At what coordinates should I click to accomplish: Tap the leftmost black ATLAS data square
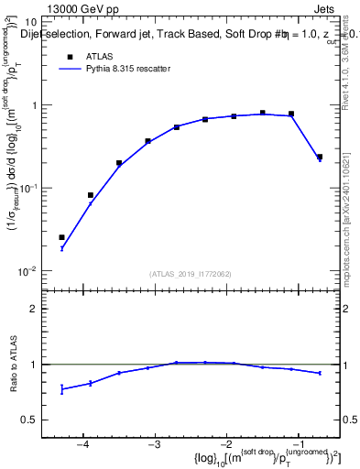click(61, 237)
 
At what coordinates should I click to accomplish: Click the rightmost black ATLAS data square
click(320, 157)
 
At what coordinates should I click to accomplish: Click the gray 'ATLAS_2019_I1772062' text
click(191, 274)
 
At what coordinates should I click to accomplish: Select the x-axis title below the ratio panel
click(262, 458)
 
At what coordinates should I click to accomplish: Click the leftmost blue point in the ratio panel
click(61, 389)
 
